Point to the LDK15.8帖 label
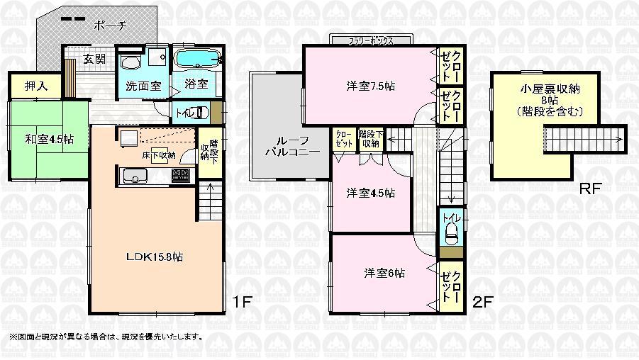pos(154,257)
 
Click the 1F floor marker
pos(242,303)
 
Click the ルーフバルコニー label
pos(287,145)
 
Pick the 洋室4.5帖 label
pos(370,193)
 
